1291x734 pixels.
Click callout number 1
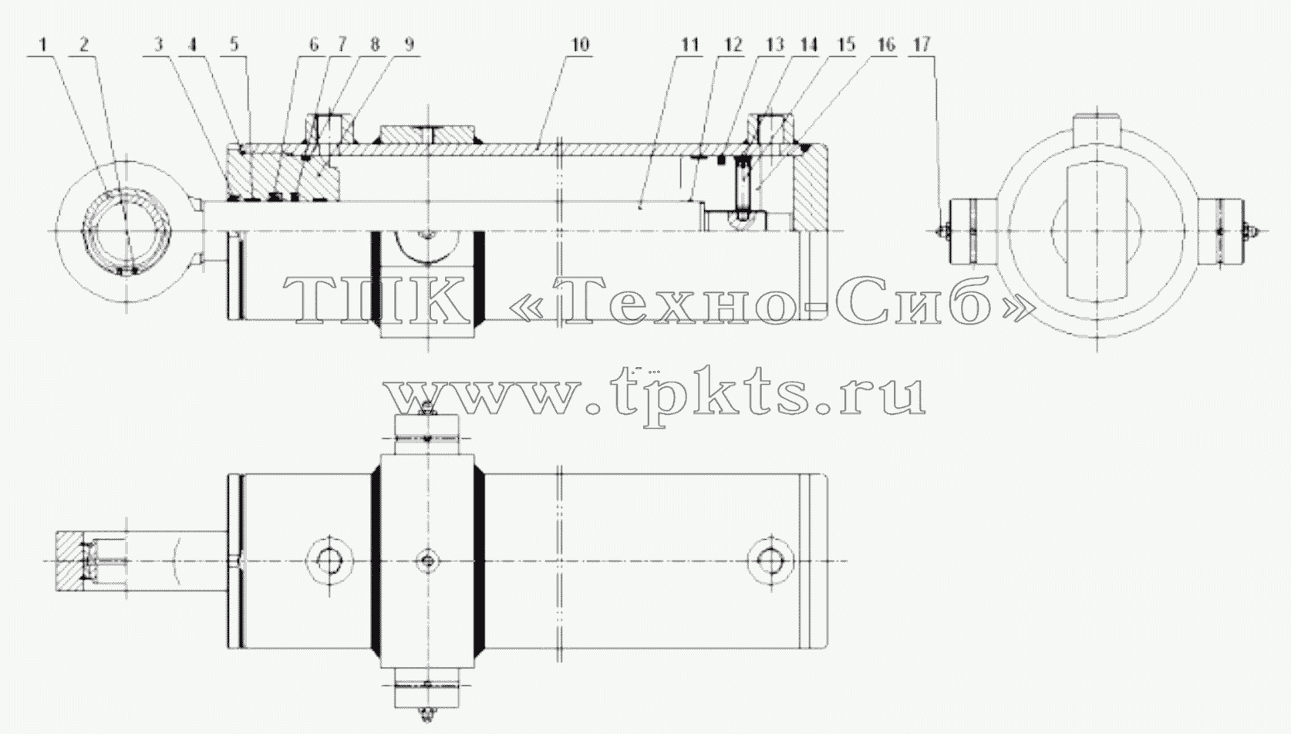tap(44, 45)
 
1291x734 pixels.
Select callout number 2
tap(85, 45)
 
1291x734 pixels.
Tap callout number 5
tap(234, 45)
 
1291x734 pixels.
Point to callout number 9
tap(410, 45)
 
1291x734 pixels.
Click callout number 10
tap(581, 45)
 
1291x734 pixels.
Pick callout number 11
tap(690, 45)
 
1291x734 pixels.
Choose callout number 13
tap(775, 45)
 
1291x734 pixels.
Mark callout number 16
tap(886, 45)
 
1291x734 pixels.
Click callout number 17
tap(922, 45)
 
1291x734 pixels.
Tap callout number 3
tap(160, 45)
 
